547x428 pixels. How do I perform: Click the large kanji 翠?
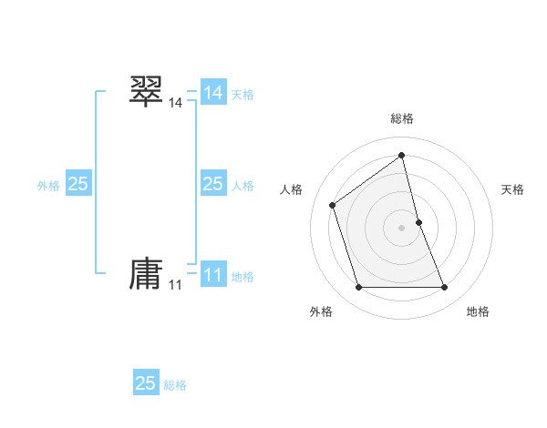[146, 91]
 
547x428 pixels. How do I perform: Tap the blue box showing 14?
[213, 92]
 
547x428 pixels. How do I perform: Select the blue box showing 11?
[213, 275]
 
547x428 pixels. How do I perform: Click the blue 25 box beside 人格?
[213, 184]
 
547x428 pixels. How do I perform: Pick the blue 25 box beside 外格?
[78, 184]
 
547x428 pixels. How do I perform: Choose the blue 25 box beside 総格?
[146, 383]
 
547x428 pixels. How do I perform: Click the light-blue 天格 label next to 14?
[243, 94]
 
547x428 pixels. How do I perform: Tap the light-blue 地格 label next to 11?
[243, 277]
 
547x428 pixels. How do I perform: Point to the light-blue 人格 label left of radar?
[243, 186]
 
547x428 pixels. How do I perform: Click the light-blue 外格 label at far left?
[48, 186]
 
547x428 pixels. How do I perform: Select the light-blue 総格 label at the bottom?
[175, 385]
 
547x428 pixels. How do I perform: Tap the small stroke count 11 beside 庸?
[175, 285]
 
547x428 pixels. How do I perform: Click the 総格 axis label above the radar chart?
[402, 118]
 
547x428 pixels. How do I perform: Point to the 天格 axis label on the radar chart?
[513, 189]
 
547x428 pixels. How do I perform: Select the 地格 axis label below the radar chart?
[478, 311]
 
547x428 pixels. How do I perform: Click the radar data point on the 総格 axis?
[402, 155]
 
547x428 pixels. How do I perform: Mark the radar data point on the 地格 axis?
[445, 288]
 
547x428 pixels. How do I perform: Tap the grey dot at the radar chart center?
[402, 228]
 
